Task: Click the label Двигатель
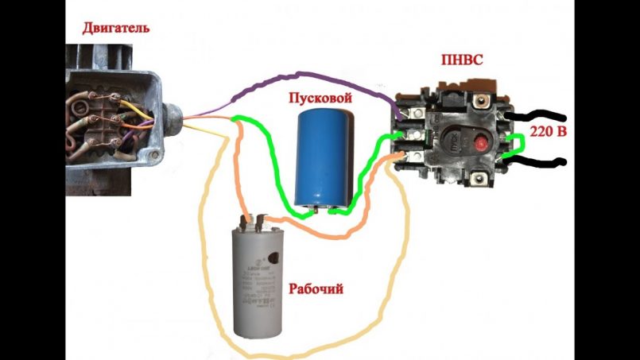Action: pos(115,29)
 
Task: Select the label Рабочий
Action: pos(316,289)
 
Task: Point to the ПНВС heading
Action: pos(461,60)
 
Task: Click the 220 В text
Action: pos(549,130)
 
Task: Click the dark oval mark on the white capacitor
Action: pos(274,257)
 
